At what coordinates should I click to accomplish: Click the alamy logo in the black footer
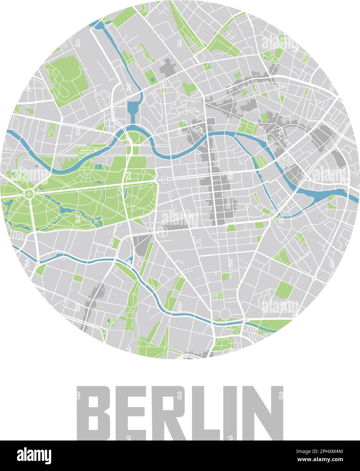(x=34, y=455)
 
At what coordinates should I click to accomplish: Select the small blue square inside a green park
(x=152, y=80)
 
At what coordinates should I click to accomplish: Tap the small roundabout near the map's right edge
(x=314, y=278)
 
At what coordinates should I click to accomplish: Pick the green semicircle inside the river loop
(x=135, y=137)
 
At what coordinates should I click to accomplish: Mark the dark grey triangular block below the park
(x=141, y=244)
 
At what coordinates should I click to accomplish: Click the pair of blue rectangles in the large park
(x=98, y=167)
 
